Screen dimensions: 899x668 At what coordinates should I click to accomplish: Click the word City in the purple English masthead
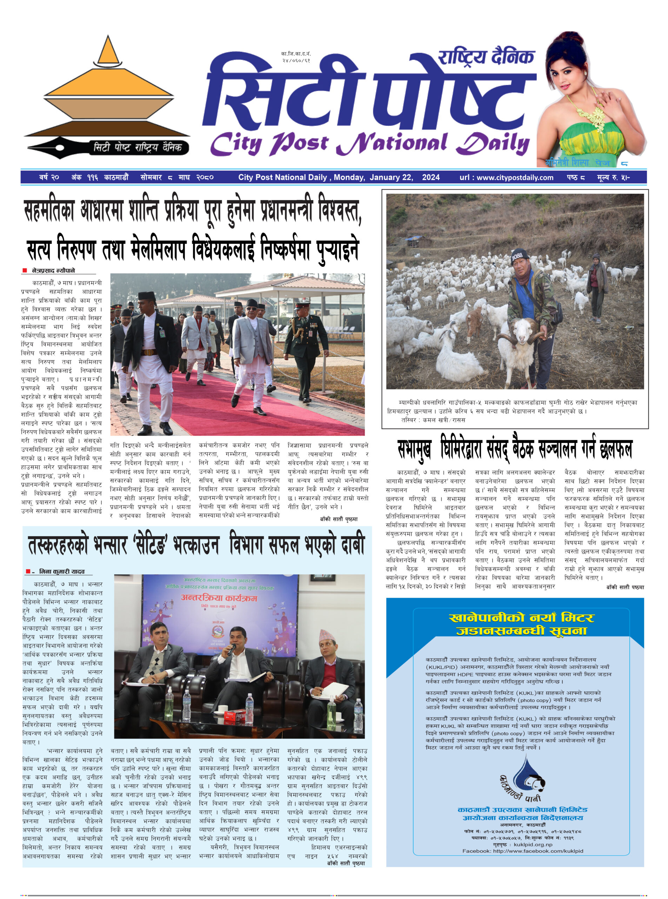(236, 144)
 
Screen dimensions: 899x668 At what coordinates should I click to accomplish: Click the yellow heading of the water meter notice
(521, 624)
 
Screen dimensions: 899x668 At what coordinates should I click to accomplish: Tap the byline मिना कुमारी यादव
(62, 572)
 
